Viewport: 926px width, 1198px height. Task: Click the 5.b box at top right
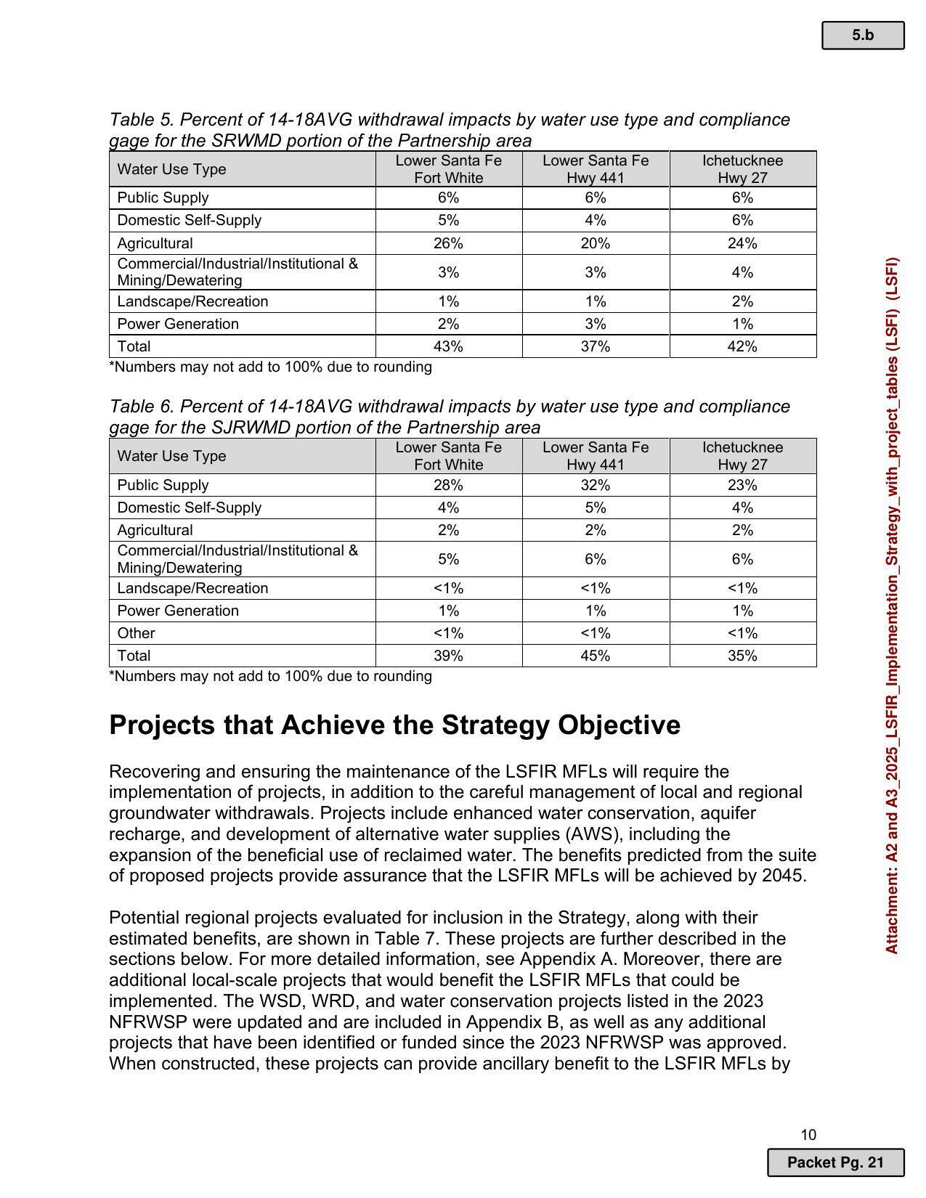coord(862,35)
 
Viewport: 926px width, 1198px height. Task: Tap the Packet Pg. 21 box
coord(835,1162)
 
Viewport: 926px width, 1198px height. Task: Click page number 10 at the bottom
coord(808,1135)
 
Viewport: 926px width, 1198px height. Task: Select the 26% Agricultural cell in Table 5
coord(448,243)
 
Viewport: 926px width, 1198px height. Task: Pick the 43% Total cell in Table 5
coord(448,346)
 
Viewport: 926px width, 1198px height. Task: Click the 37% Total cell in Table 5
coord(595,346)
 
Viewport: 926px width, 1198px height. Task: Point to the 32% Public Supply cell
coord(595,485)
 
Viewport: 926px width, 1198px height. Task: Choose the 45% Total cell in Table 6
coord(595,656)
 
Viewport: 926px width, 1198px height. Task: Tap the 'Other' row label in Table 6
coord(136,633)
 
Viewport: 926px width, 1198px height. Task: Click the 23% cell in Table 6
coord(742,485)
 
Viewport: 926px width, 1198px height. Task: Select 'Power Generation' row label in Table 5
coord(178,324)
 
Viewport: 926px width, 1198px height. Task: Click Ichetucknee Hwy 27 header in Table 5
coord(742,169)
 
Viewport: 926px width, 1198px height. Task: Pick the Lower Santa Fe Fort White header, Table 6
coord(448,456)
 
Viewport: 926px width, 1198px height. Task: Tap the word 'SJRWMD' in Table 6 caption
coord(246,427)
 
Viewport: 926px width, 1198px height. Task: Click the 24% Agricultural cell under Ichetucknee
coord(742,243)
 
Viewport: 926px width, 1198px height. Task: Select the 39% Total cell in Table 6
coord(448,656)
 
